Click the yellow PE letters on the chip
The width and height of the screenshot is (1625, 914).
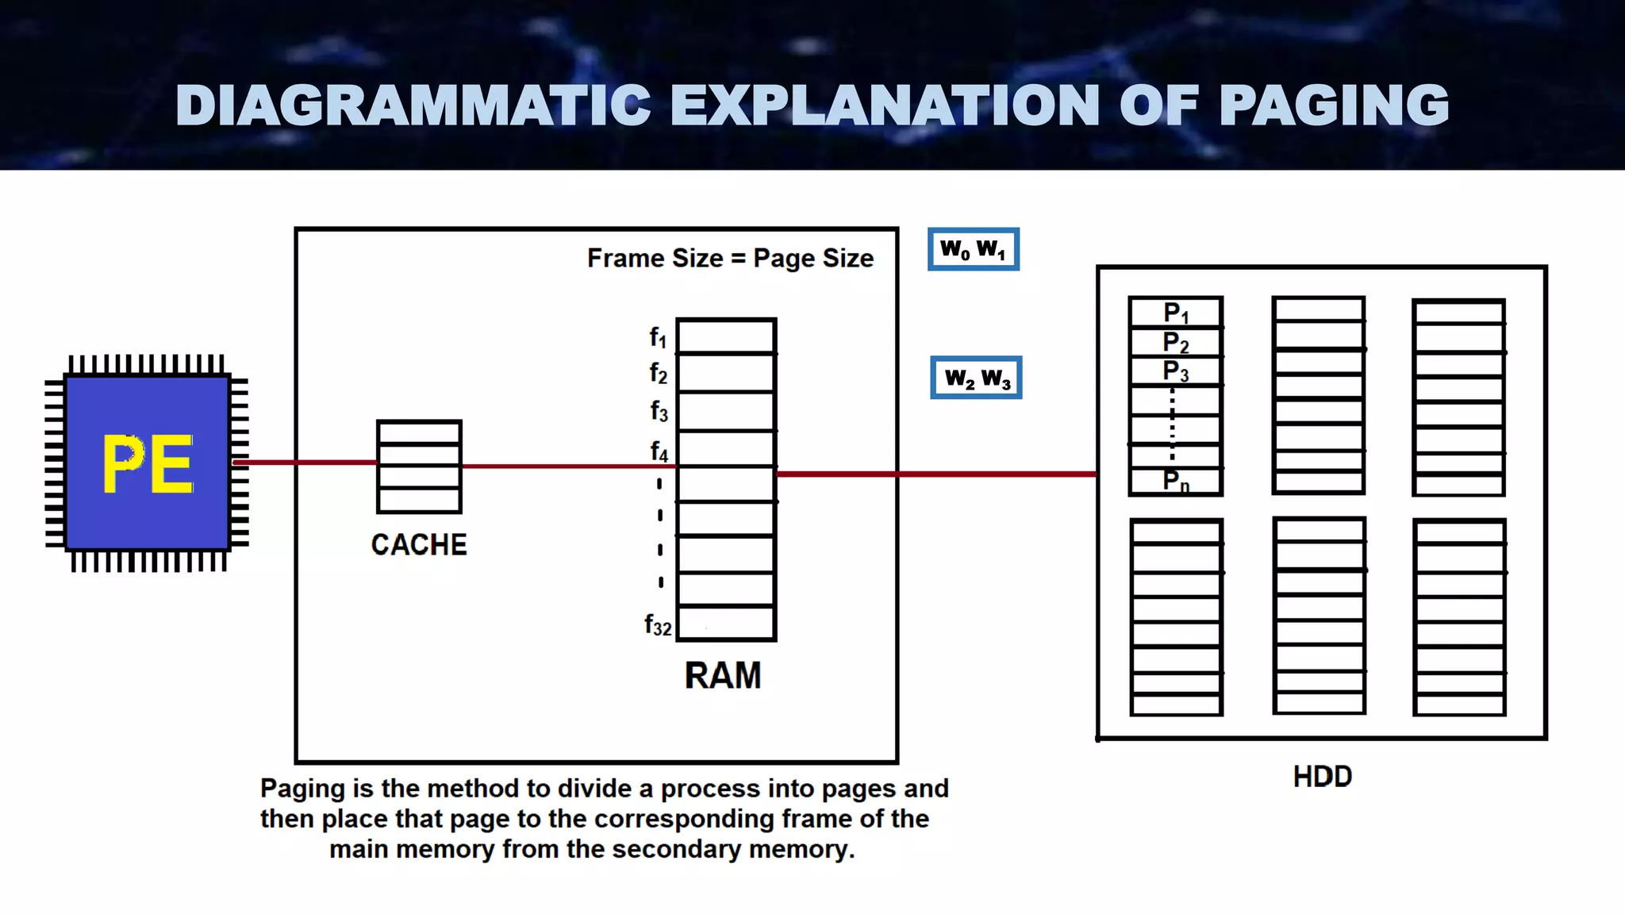148,465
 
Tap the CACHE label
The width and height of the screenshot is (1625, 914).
419,545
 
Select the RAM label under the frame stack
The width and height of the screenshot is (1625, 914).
722,676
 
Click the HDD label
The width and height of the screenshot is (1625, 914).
1322,776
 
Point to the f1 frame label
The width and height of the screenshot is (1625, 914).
658,337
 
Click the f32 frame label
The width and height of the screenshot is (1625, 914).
658,625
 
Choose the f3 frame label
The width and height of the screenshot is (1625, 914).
659,411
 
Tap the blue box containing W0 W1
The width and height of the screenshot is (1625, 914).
973,250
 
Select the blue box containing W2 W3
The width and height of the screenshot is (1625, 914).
976,378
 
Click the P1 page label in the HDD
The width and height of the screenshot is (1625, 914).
1176,313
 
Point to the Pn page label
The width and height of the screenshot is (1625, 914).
1176,480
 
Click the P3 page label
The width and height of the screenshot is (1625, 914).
1176,371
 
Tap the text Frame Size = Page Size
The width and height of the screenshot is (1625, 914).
730,259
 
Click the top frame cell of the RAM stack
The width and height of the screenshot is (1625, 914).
726,336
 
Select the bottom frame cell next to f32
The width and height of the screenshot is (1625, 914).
726,624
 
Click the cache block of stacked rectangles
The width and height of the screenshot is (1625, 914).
419,467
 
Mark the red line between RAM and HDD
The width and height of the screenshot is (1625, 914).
936,474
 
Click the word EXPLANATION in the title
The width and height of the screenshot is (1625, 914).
885,106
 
